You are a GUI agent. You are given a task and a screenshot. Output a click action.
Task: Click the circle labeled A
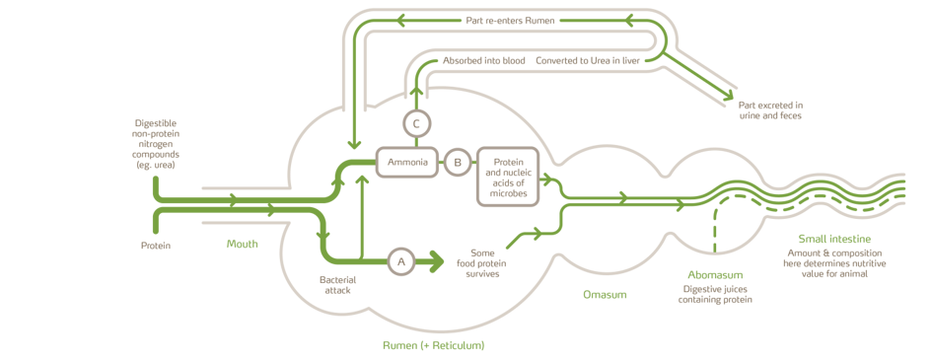pos(400,261)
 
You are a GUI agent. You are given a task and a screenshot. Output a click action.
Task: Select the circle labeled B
pos(457,163)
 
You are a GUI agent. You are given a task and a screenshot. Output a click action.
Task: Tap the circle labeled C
pos(416,123)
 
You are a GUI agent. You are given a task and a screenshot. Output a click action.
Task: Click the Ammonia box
pos(407,163)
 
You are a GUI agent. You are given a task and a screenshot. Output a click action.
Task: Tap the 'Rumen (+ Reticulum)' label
pos(433,346)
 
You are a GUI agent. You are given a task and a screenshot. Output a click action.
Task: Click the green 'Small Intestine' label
pos(833,242)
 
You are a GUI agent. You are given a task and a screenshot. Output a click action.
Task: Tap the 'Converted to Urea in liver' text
pos(588,59)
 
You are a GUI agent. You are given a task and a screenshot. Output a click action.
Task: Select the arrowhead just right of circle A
pos(431,261)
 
